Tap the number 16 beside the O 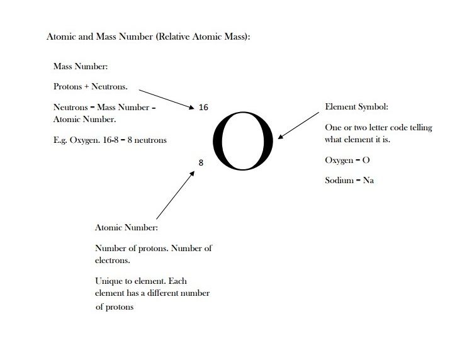pos(203,108)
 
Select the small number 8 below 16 pos(201,162)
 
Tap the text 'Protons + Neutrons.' pos(91,86)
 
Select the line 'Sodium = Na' pos(350,180)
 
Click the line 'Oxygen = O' pos(347,160)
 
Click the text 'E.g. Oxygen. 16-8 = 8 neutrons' pos(110,140)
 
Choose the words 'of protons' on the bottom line pos(115,308)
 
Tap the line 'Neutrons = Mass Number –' pos(104,108)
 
